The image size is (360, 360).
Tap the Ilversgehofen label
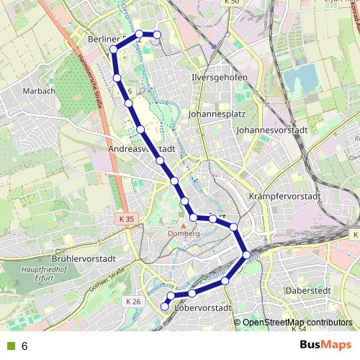pos(219,77)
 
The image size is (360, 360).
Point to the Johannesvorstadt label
pos(271,130)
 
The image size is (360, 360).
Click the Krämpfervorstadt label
pos(282,196)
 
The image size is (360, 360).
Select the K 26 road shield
pos(132,301)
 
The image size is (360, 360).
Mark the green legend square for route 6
pos(9,346)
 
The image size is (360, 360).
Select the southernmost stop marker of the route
pos(165,307)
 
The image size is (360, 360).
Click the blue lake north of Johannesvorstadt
pos(300,78)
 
